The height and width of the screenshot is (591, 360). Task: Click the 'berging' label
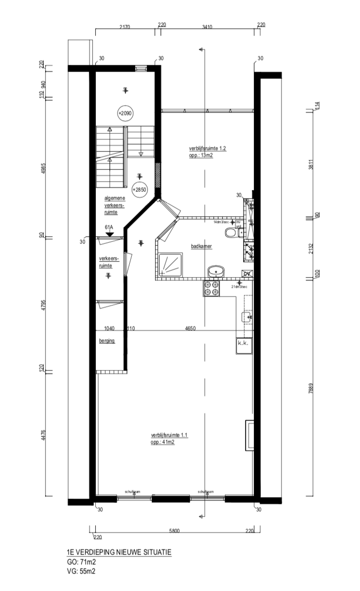click(x=107, y=341)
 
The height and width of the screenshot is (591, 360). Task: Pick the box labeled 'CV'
click(x=247, y=274)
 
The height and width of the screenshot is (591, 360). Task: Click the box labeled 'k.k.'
click(x=243, y=344)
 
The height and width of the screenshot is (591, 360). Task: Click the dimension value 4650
click(x=190, y=329)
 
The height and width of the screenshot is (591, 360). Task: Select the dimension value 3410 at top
click(x=207, y=27)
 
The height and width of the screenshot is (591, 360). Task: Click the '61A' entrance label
click(x=108, y=227)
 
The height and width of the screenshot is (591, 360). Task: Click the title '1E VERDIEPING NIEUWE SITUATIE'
click(x=119, y=553)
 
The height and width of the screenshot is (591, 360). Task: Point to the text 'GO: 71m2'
click(x=81, y=562)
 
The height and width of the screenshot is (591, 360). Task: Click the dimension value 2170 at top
click(x=125, y=27)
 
